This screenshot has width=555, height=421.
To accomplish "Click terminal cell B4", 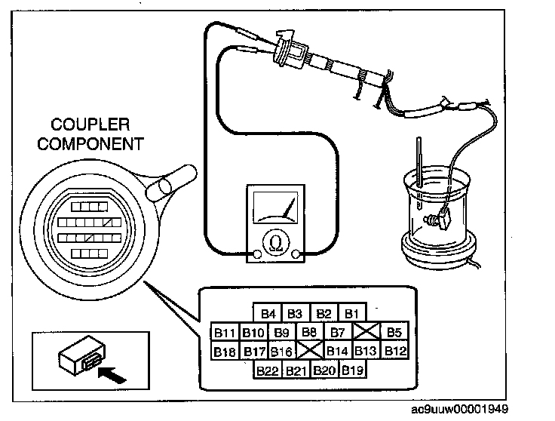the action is [x=268, y=313].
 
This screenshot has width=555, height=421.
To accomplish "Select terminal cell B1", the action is [x=352, y=313].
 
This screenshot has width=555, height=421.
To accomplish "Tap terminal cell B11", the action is [x=225, y=332].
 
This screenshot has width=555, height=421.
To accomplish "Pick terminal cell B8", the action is [x=309, y=332].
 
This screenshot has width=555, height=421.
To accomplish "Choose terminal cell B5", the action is [x=394, y=332].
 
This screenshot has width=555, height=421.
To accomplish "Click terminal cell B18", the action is [x=225, y=351].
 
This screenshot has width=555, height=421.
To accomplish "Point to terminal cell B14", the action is [x=338, y=351].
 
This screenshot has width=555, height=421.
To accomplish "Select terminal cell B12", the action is [x=395, y=351].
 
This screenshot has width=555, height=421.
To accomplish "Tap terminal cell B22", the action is [x=268, y=370].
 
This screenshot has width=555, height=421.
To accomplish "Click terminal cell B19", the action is [x=353, y=370].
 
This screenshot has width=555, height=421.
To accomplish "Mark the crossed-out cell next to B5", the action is [x=366, y=332].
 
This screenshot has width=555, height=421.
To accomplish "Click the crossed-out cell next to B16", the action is [x=310, y=351].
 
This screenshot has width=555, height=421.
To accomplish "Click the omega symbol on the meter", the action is [x=276, y=244].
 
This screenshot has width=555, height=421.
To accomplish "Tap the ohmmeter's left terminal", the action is [x=257, y=254].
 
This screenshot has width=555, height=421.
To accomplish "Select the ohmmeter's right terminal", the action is [x=296, y=254].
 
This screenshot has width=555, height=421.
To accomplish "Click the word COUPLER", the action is [x=90, y=124].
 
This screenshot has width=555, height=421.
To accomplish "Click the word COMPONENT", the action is [x=90, y=144].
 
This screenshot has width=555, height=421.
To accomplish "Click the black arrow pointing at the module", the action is [x=112, y=375].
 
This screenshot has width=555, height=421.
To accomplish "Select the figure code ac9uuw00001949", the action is [x=460, y=410].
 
